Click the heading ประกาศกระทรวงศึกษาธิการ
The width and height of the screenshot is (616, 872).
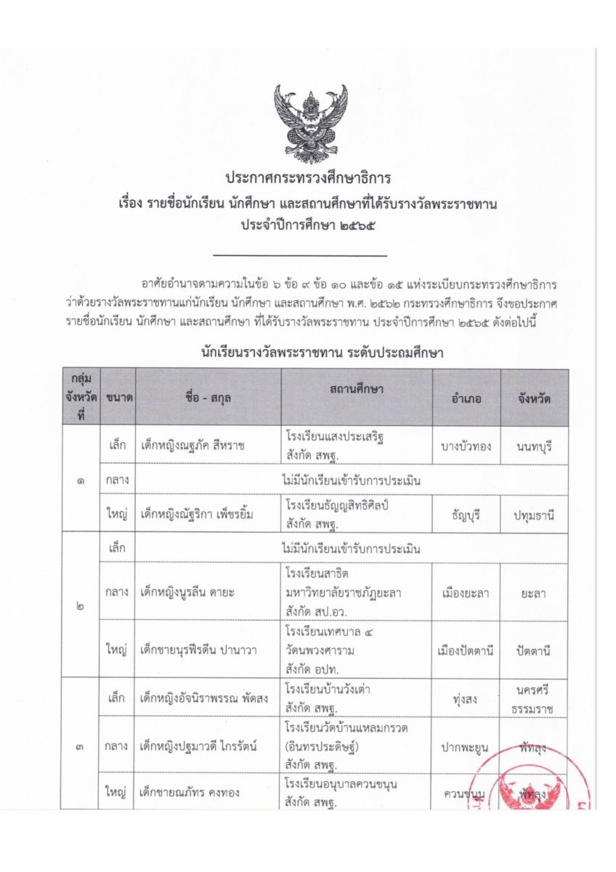[x=308, y=178]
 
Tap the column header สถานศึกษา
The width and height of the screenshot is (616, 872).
[x=356, y=389]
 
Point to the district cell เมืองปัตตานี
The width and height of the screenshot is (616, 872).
[x=467, y=650]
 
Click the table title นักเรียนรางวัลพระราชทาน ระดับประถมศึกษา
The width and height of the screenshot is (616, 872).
[x=323, y=354]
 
